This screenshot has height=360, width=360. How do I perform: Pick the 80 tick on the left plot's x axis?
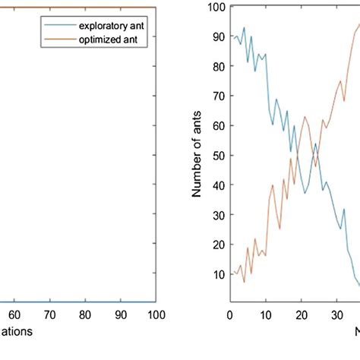point(85,314)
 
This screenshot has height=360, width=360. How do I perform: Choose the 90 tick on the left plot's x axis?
point(121,314)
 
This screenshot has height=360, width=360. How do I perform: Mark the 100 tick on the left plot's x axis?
point(155,314)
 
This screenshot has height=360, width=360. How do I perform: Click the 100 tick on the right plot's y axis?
point(217,8)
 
